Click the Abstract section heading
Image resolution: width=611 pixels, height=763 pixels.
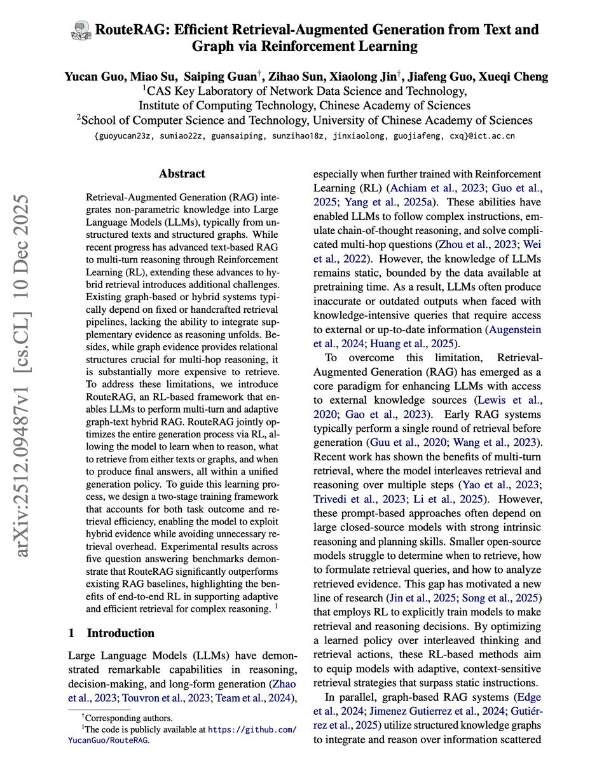click(x=182, y=174)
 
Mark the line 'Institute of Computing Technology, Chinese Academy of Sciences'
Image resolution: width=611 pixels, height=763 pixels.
click(x=305, y=105)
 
